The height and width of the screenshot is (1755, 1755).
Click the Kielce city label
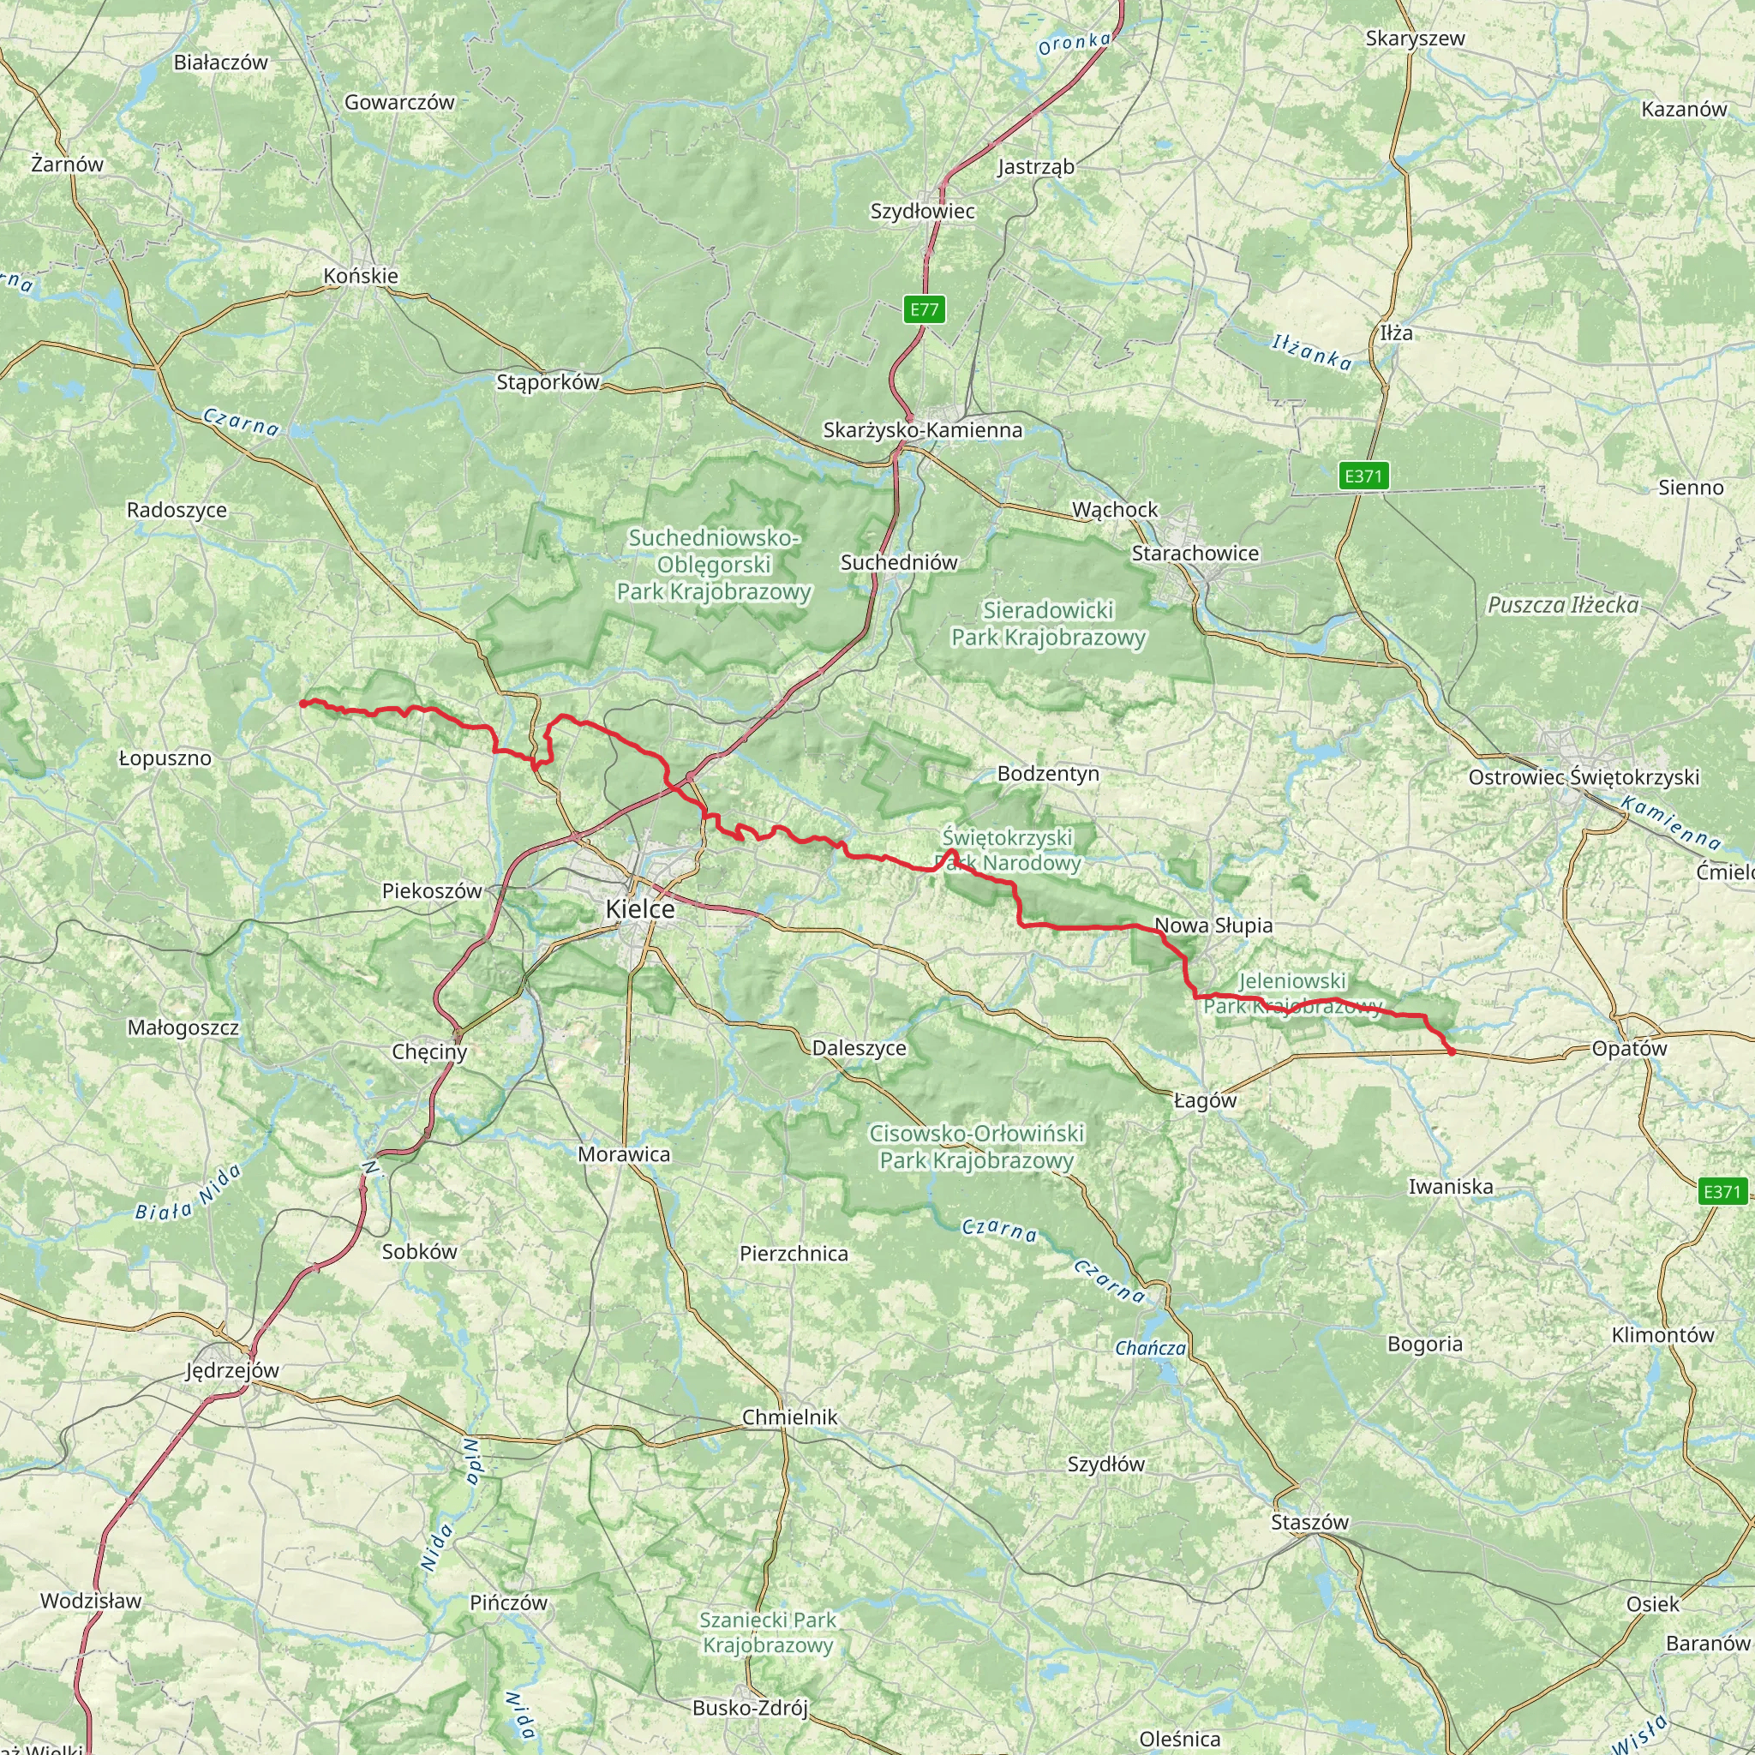pyautogui.click(x=639, y=909)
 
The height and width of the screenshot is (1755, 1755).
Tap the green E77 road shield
pyautogui.click(x=925, y=308)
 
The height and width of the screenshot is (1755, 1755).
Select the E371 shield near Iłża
pyautogui.click(x=1363, y=475)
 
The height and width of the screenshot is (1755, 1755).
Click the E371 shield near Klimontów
pyautogui.click(x=1722, y=1191)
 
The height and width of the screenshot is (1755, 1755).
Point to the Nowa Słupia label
pyautogui.click(x=1213, y=925)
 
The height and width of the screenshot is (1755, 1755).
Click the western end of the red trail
pyautogui.click(x=302, y=702)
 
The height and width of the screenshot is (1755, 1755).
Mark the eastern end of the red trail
pyautogui.click(x=1452, y=1052)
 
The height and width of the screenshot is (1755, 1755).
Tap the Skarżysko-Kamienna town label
pyautogui.click(x=922, y=429)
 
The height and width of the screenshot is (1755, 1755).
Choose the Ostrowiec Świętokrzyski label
pyautogui.click(x=1584, y=776)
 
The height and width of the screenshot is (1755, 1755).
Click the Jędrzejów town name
pyautogui.click(x=232, y=1370)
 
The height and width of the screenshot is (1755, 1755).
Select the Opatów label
pyautogui.click(x=1629, y=1048)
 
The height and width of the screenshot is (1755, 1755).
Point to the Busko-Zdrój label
pyautogui.click(x=750, y=1708)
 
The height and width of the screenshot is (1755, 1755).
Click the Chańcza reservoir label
pyautogui.click(x=1150, y=1348)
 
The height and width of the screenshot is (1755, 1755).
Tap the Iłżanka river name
pyautogui.click(x=1311, y=352)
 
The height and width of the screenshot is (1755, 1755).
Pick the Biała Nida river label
pyautogui.click(x=188, y=1192)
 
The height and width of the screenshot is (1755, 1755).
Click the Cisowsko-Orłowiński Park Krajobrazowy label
pyautogui.click(x=977, y=1147)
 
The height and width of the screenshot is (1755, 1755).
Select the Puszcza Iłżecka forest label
pyautogui.click(x=1562, y=605)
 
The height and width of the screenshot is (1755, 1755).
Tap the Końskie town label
pyautogui.click(x=361, y=275)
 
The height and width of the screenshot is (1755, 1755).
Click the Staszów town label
pyautogui.click(x=1310, y=1522)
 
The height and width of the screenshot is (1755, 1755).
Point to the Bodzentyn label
pyautogui.click(x=1047, y=774)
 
